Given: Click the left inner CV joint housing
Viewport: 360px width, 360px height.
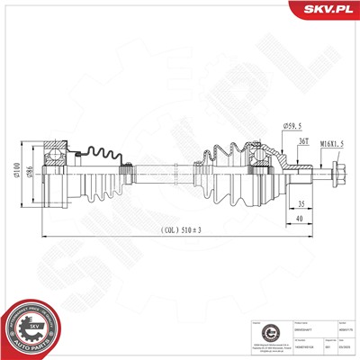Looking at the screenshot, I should tap(54, 171).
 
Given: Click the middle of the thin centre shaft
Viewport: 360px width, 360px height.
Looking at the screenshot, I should tap(157, 168).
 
